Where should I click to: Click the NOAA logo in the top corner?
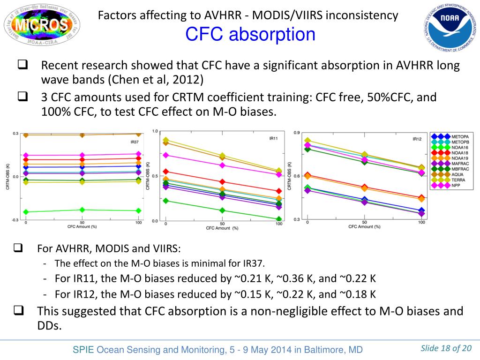(x=450, y=28)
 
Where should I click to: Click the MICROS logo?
(x=36, y=24)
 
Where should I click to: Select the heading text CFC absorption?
(x=250, y=34)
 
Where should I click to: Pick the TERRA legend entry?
(x=457, y=180)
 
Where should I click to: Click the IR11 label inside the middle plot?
(x=273, y=138)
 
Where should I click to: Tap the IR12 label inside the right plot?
(x=417, y=139)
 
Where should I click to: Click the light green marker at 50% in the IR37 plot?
(x=82, y=210)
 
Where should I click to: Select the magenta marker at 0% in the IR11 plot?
(x=165, y=155)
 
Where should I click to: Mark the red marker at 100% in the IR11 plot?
(x=278, y=191)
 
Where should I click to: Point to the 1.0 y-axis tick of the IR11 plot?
(x=155, y=132)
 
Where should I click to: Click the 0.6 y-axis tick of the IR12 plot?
(x=297, y=176)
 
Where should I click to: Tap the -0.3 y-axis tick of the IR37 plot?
(x=15, y=220)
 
